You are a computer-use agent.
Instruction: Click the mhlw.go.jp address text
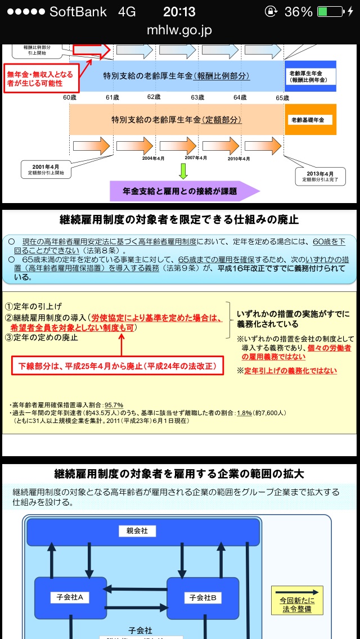(x=179, y=30)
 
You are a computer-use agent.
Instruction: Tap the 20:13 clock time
(x=179, y=12)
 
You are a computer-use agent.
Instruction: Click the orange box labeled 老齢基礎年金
(x=310, y=119)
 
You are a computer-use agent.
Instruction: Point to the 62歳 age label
(x=154, y=97)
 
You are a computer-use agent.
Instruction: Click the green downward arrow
(x=182, y=171)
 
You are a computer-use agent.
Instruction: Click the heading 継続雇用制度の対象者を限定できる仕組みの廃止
(x=179, y=219)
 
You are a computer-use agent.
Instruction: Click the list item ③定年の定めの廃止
(x=42, y=338)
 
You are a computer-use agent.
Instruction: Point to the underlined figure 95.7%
(x=114, y=405)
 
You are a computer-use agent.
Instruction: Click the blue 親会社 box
(x=137, y=530)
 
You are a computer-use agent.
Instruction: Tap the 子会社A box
(x=70, y=597)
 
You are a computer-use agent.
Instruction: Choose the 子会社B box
(x=203, y=597)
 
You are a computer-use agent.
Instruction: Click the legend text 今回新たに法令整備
(x=297, y=605)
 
